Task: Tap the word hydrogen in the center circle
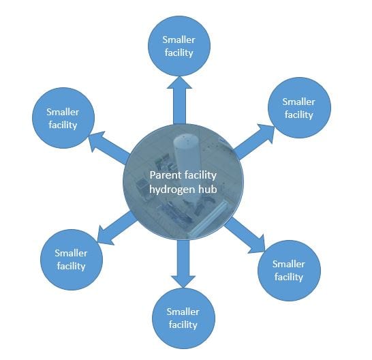point(172,190)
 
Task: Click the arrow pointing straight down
point(183,264)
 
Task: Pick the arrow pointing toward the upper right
point(254,141)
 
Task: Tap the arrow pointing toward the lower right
point(245,235)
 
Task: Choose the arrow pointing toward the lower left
point(117,228)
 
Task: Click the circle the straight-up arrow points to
point(179,46)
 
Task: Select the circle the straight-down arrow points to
point(183,318)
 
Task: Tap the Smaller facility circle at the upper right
point(299,108)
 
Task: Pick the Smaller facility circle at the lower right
point(289,271)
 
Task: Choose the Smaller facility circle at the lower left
point(72,260)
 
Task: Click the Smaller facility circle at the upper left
point(63,118)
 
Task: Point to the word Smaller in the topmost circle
point(179,40)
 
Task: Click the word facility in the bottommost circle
point(183,325)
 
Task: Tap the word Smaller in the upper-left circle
point(63,112)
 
